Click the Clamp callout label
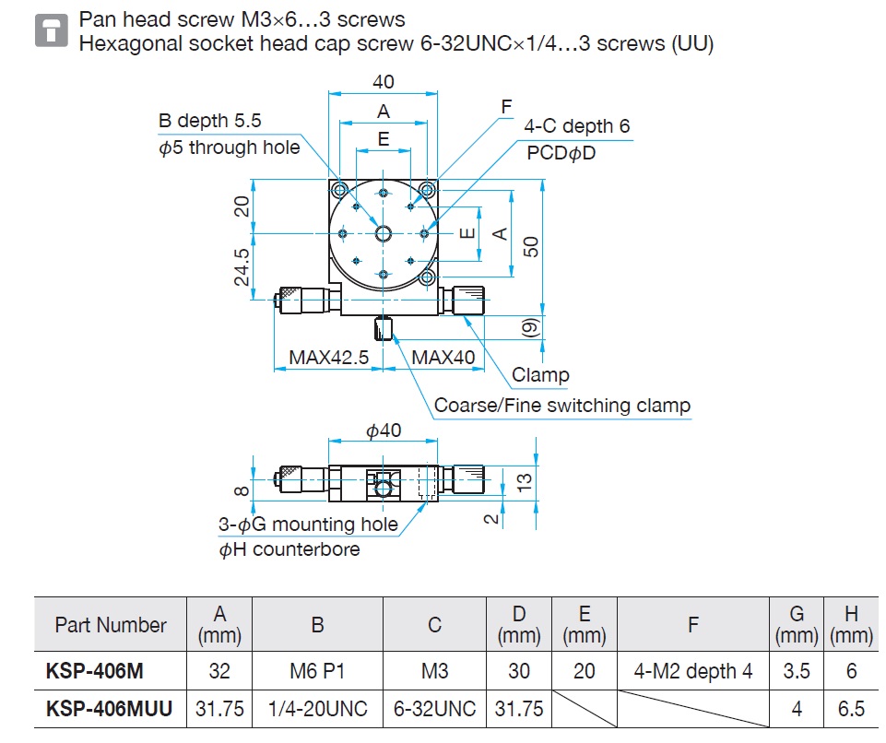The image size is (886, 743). (x=540, y=375)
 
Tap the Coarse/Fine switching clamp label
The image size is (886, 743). (x=561, y=406)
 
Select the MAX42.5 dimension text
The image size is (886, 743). (x=328, y=357)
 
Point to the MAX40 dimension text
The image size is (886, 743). (x=443, y=357)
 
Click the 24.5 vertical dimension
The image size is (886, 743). (x=242, y=267)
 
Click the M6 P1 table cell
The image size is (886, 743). (x=316, y=671)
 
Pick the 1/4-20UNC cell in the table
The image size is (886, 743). (x=316, y=709)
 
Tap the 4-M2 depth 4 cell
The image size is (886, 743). (x=692, y=671)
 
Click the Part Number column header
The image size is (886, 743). (x=111, y=625)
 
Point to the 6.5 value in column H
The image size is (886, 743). (x=851, y=709)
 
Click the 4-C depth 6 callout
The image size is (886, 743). (x=577, y=126)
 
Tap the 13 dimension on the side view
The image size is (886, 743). (x=523, y=479)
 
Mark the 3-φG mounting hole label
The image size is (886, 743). (x=308, y=525)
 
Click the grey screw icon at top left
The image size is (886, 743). (x=52, y=31)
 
